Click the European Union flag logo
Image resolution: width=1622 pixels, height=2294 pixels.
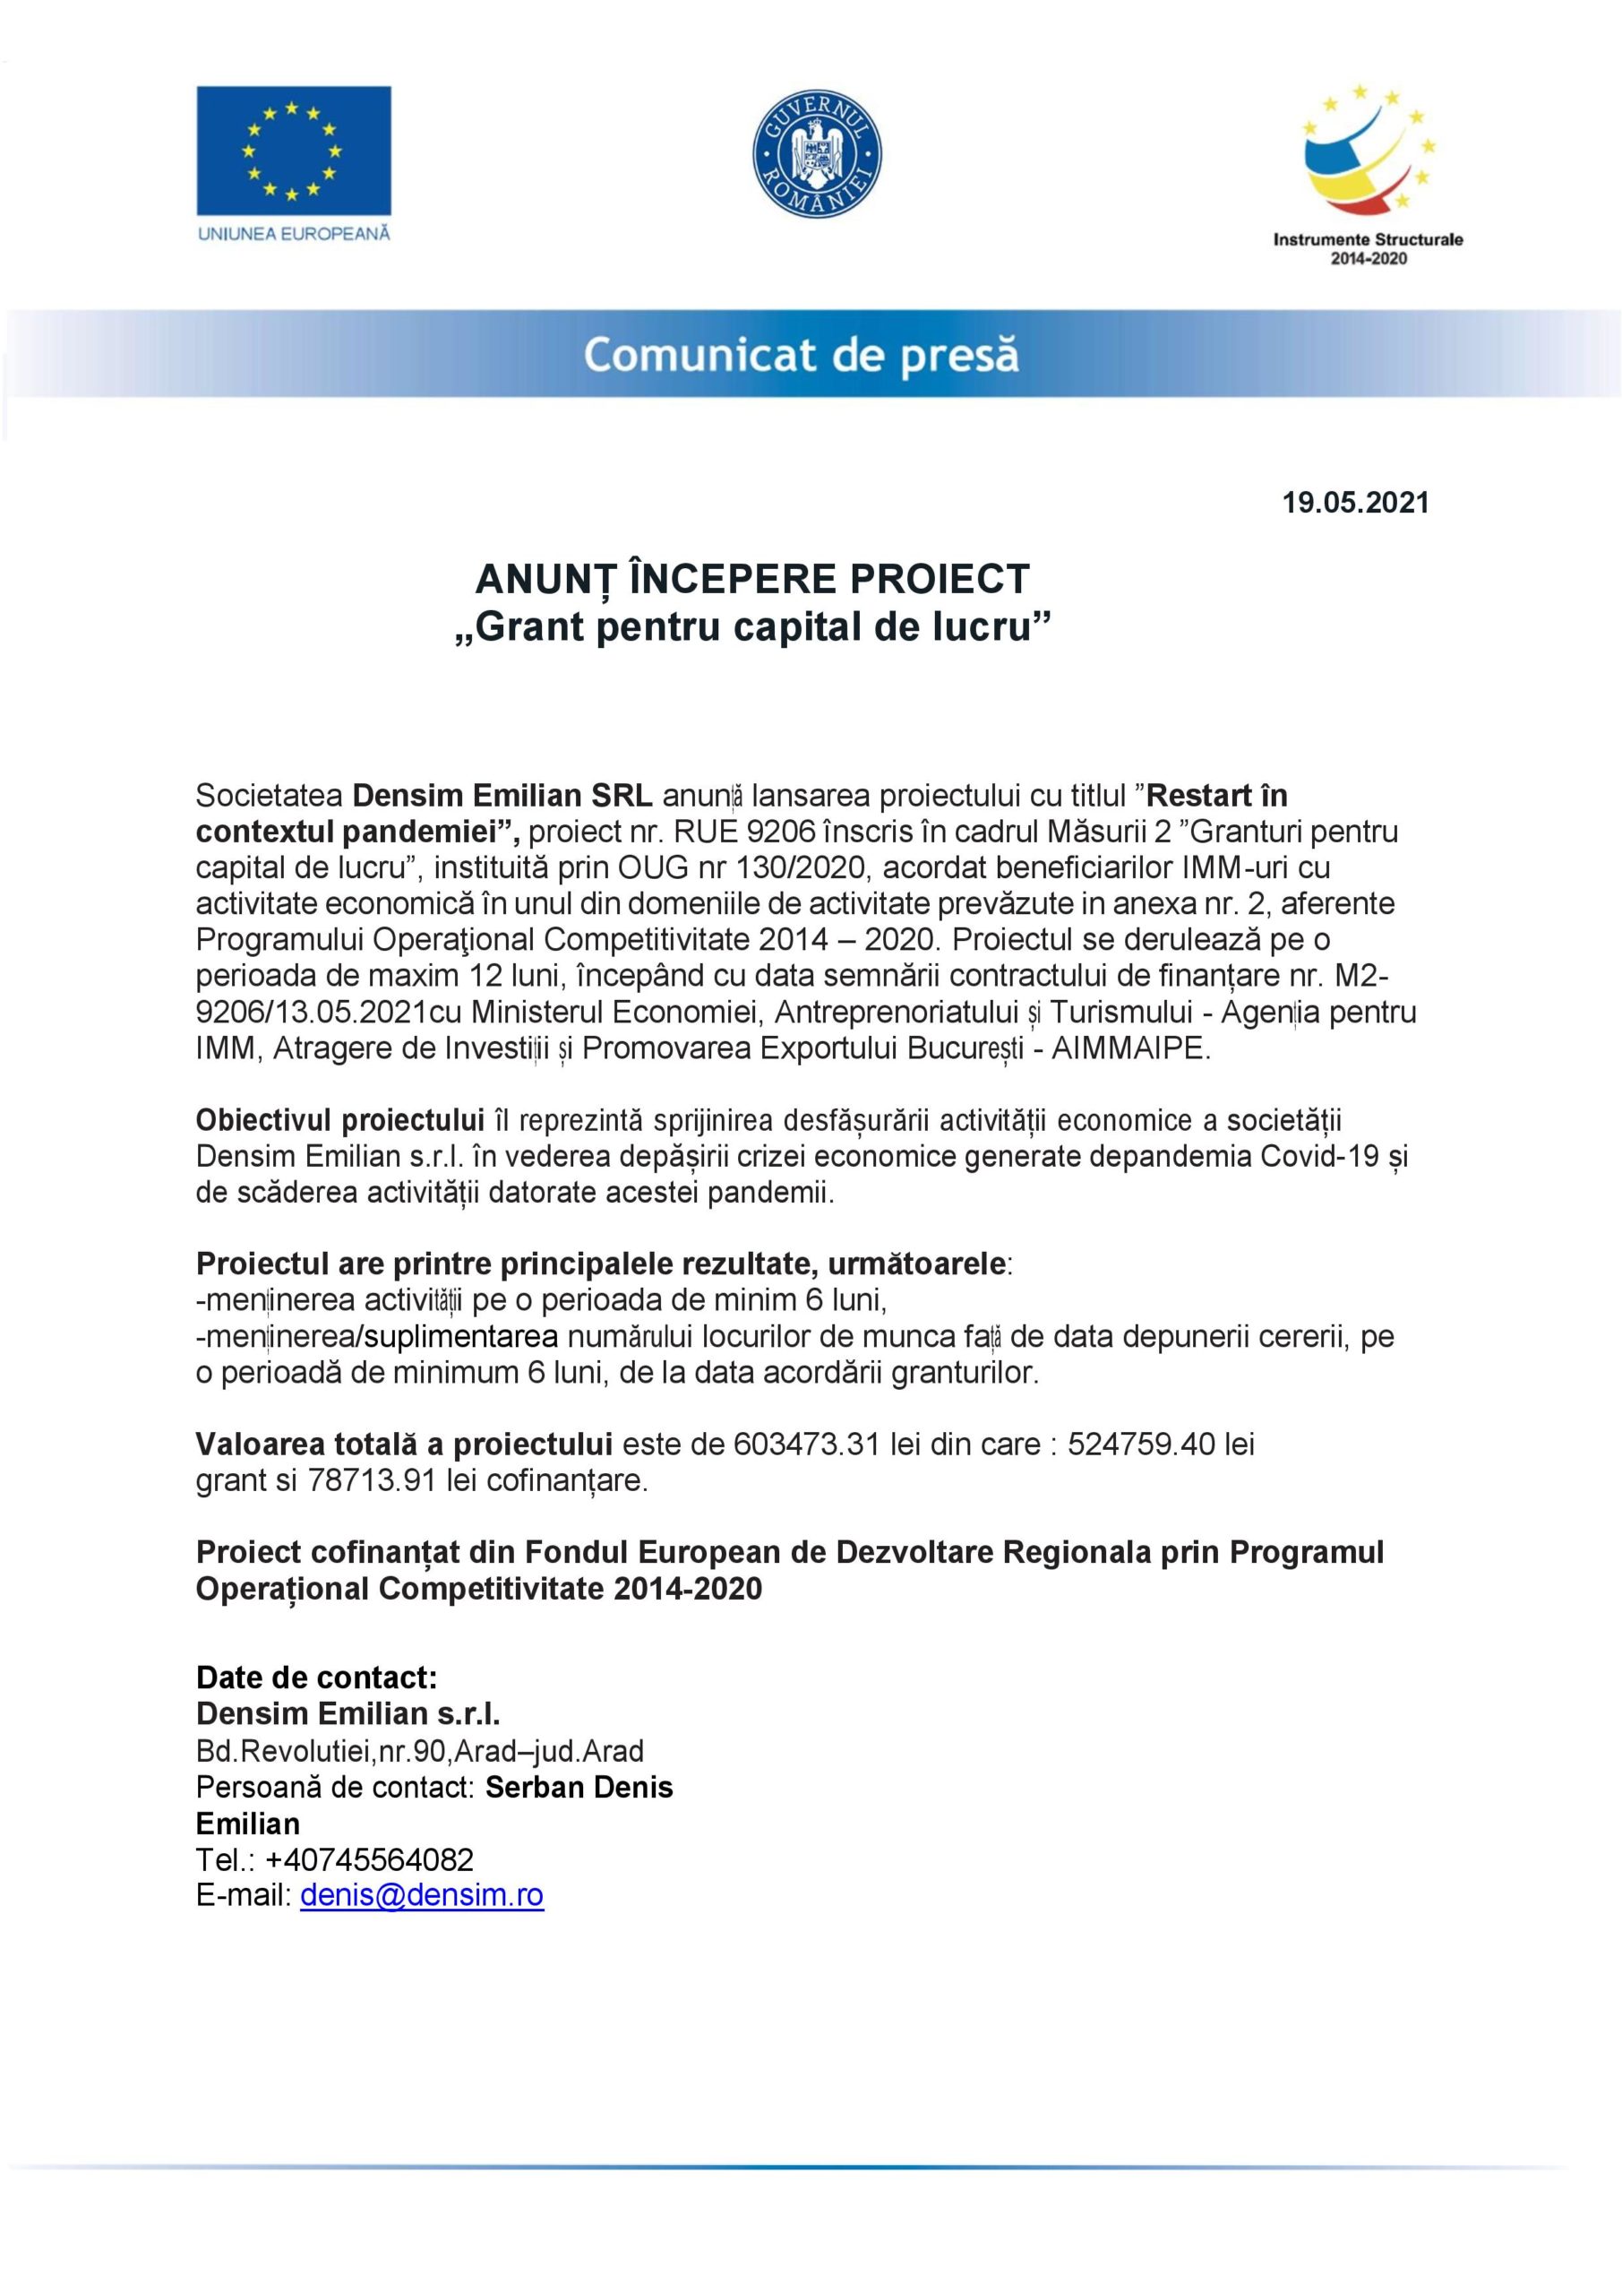[293, 150]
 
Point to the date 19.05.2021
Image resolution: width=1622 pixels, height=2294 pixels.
[1355, 503]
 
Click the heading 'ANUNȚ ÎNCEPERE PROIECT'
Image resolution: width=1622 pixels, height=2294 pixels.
[752, 580]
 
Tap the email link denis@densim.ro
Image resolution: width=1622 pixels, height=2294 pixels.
[422, 1895]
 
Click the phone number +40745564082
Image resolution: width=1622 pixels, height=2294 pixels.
[370, 1859]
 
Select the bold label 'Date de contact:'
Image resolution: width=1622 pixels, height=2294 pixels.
[317, 1677]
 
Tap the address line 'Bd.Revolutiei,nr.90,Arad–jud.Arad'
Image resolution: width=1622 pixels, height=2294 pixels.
[419, 1750]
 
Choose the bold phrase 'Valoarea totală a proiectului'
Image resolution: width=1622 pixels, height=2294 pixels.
[404, 1445]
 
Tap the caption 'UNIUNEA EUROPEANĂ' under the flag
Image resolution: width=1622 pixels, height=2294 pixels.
[294, 235]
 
